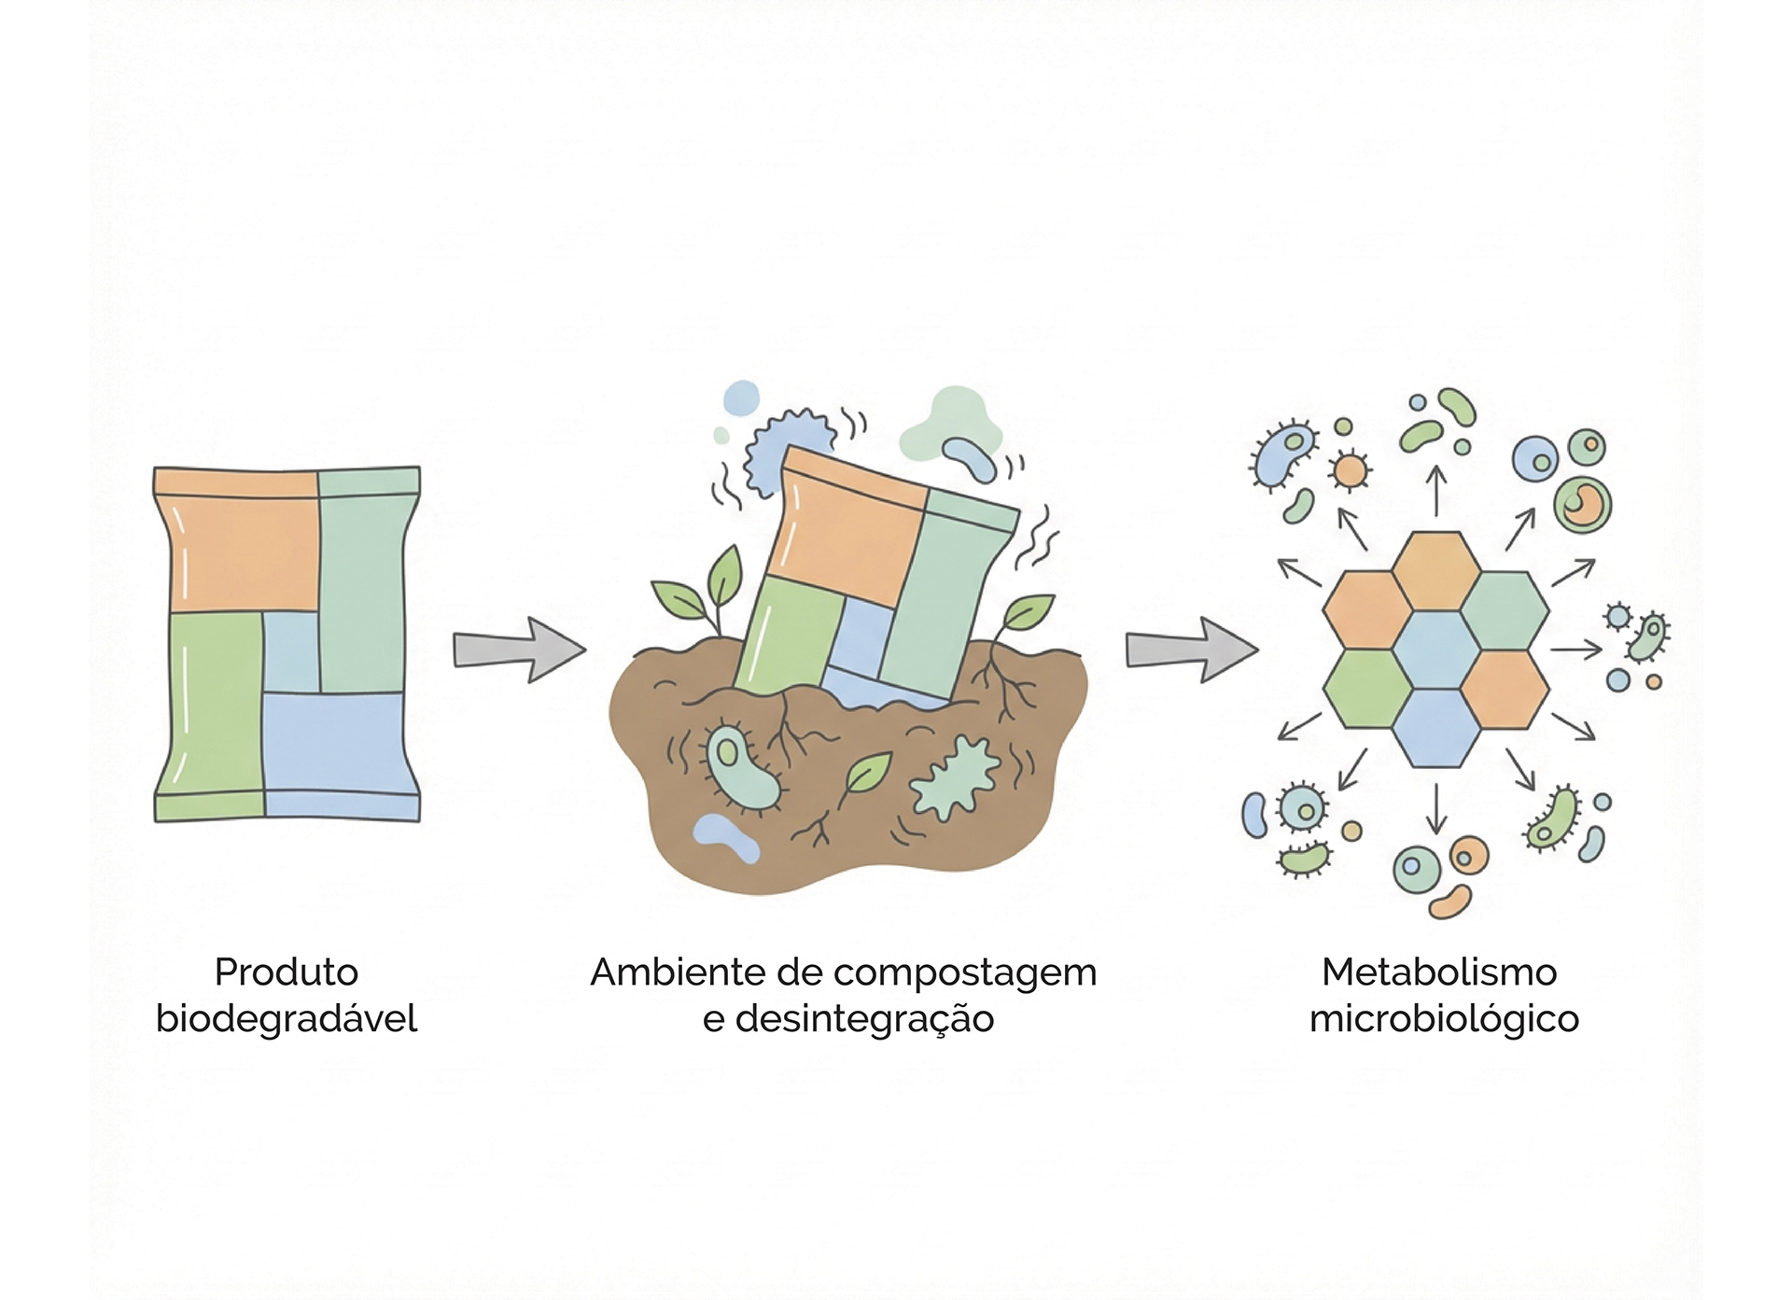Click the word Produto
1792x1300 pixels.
coord(287,972)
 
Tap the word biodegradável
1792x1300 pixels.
coord(287,1018)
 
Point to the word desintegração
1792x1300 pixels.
coord(865,1018)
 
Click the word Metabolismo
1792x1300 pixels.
coord(1439,972)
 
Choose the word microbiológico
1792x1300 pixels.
coord(1444,1018)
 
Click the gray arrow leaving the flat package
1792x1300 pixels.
coord(519,650)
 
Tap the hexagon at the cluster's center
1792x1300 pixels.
coord(1436,650)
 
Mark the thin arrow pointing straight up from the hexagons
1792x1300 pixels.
coord(1436,490)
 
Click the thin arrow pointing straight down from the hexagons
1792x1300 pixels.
coord(1436,808)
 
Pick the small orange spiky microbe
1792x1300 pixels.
coord(1349,470)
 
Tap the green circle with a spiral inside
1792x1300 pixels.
coord(1582,505)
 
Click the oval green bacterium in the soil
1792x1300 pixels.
coord(739,765)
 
